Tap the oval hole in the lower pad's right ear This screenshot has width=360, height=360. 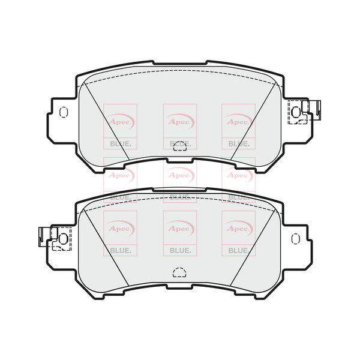click(295, 239)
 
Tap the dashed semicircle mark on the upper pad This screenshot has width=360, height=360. click(179, 146)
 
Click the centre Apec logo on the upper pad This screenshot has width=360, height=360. click(179, 119)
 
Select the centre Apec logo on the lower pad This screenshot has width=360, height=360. click(179, 227)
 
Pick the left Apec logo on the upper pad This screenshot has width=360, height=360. click(120, 119)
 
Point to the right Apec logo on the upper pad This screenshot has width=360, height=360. click(238, 119)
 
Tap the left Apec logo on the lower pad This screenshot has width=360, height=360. click(120, 227)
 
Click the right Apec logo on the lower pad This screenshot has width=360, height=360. click(238, 227)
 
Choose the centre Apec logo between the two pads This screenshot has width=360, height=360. click(179, 175)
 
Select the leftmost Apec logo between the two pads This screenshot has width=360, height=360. click(120, 175)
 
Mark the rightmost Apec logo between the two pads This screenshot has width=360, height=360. click(238, 175)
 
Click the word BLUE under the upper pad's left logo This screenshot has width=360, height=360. click(120, 144)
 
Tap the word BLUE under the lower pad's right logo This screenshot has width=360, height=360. click(238, 251)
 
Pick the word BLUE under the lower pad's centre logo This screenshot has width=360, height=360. click(179, 251)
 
